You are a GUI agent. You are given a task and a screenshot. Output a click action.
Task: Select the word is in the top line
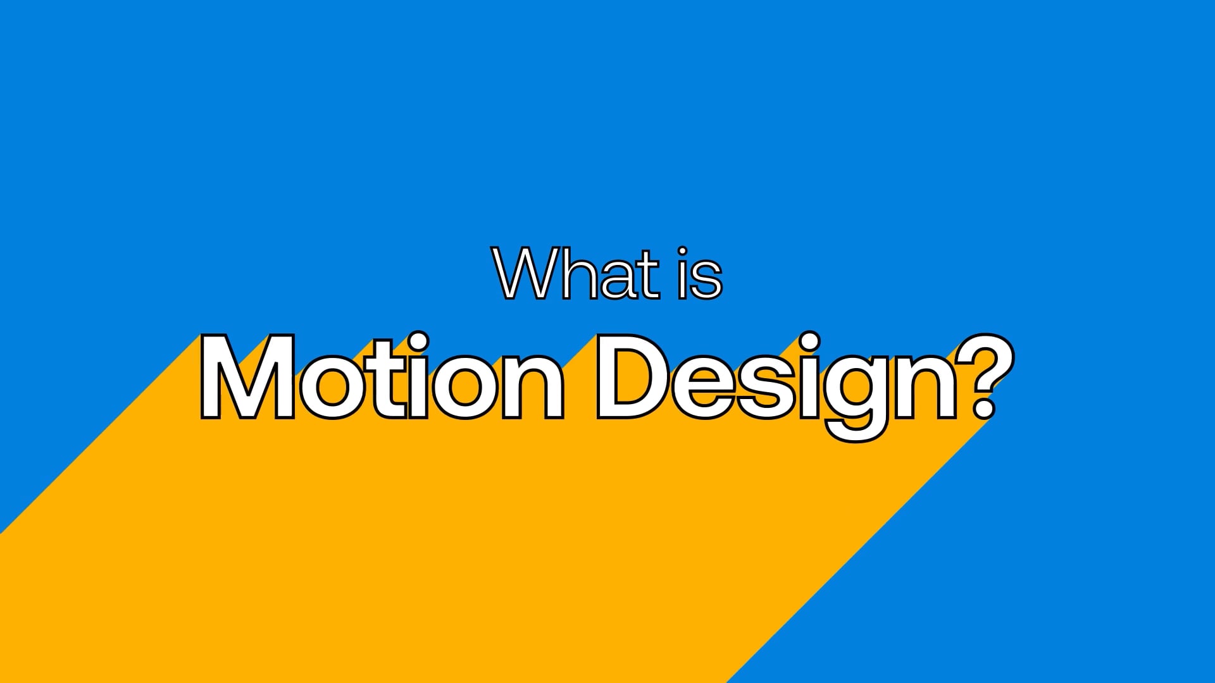699,274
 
